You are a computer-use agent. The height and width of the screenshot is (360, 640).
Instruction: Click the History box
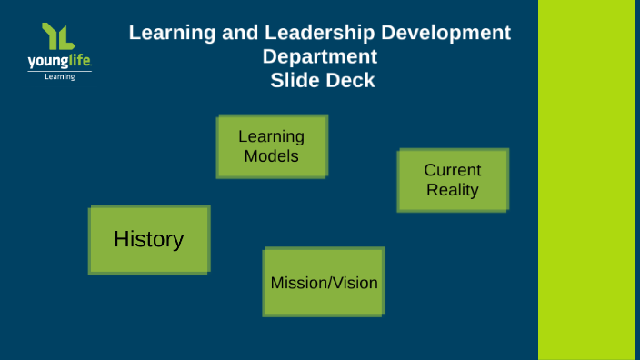point(149,239)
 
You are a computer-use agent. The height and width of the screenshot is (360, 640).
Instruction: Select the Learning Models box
point(272,145)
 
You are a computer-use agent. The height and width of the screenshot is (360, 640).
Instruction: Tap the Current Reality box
point(453,180)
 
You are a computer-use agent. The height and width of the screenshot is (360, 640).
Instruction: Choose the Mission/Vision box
point(324,282)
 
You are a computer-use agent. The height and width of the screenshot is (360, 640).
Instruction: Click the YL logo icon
point(58,36)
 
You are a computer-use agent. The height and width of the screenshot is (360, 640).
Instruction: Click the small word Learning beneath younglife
point(60,77)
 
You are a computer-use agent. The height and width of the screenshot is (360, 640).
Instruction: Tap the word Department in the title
point(319,56)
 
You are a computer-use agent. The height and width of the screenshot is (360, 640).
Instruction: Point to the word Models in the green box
point(272,155)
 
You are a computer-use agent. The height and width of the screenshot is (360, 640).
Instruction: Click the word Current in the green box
point(453,170)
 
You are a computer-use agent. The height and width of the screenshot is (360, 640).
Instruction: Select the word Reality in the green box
point(453,190)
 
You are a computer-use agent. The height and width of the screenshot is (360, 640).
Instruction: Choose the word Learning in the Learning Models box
point(272,136)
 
